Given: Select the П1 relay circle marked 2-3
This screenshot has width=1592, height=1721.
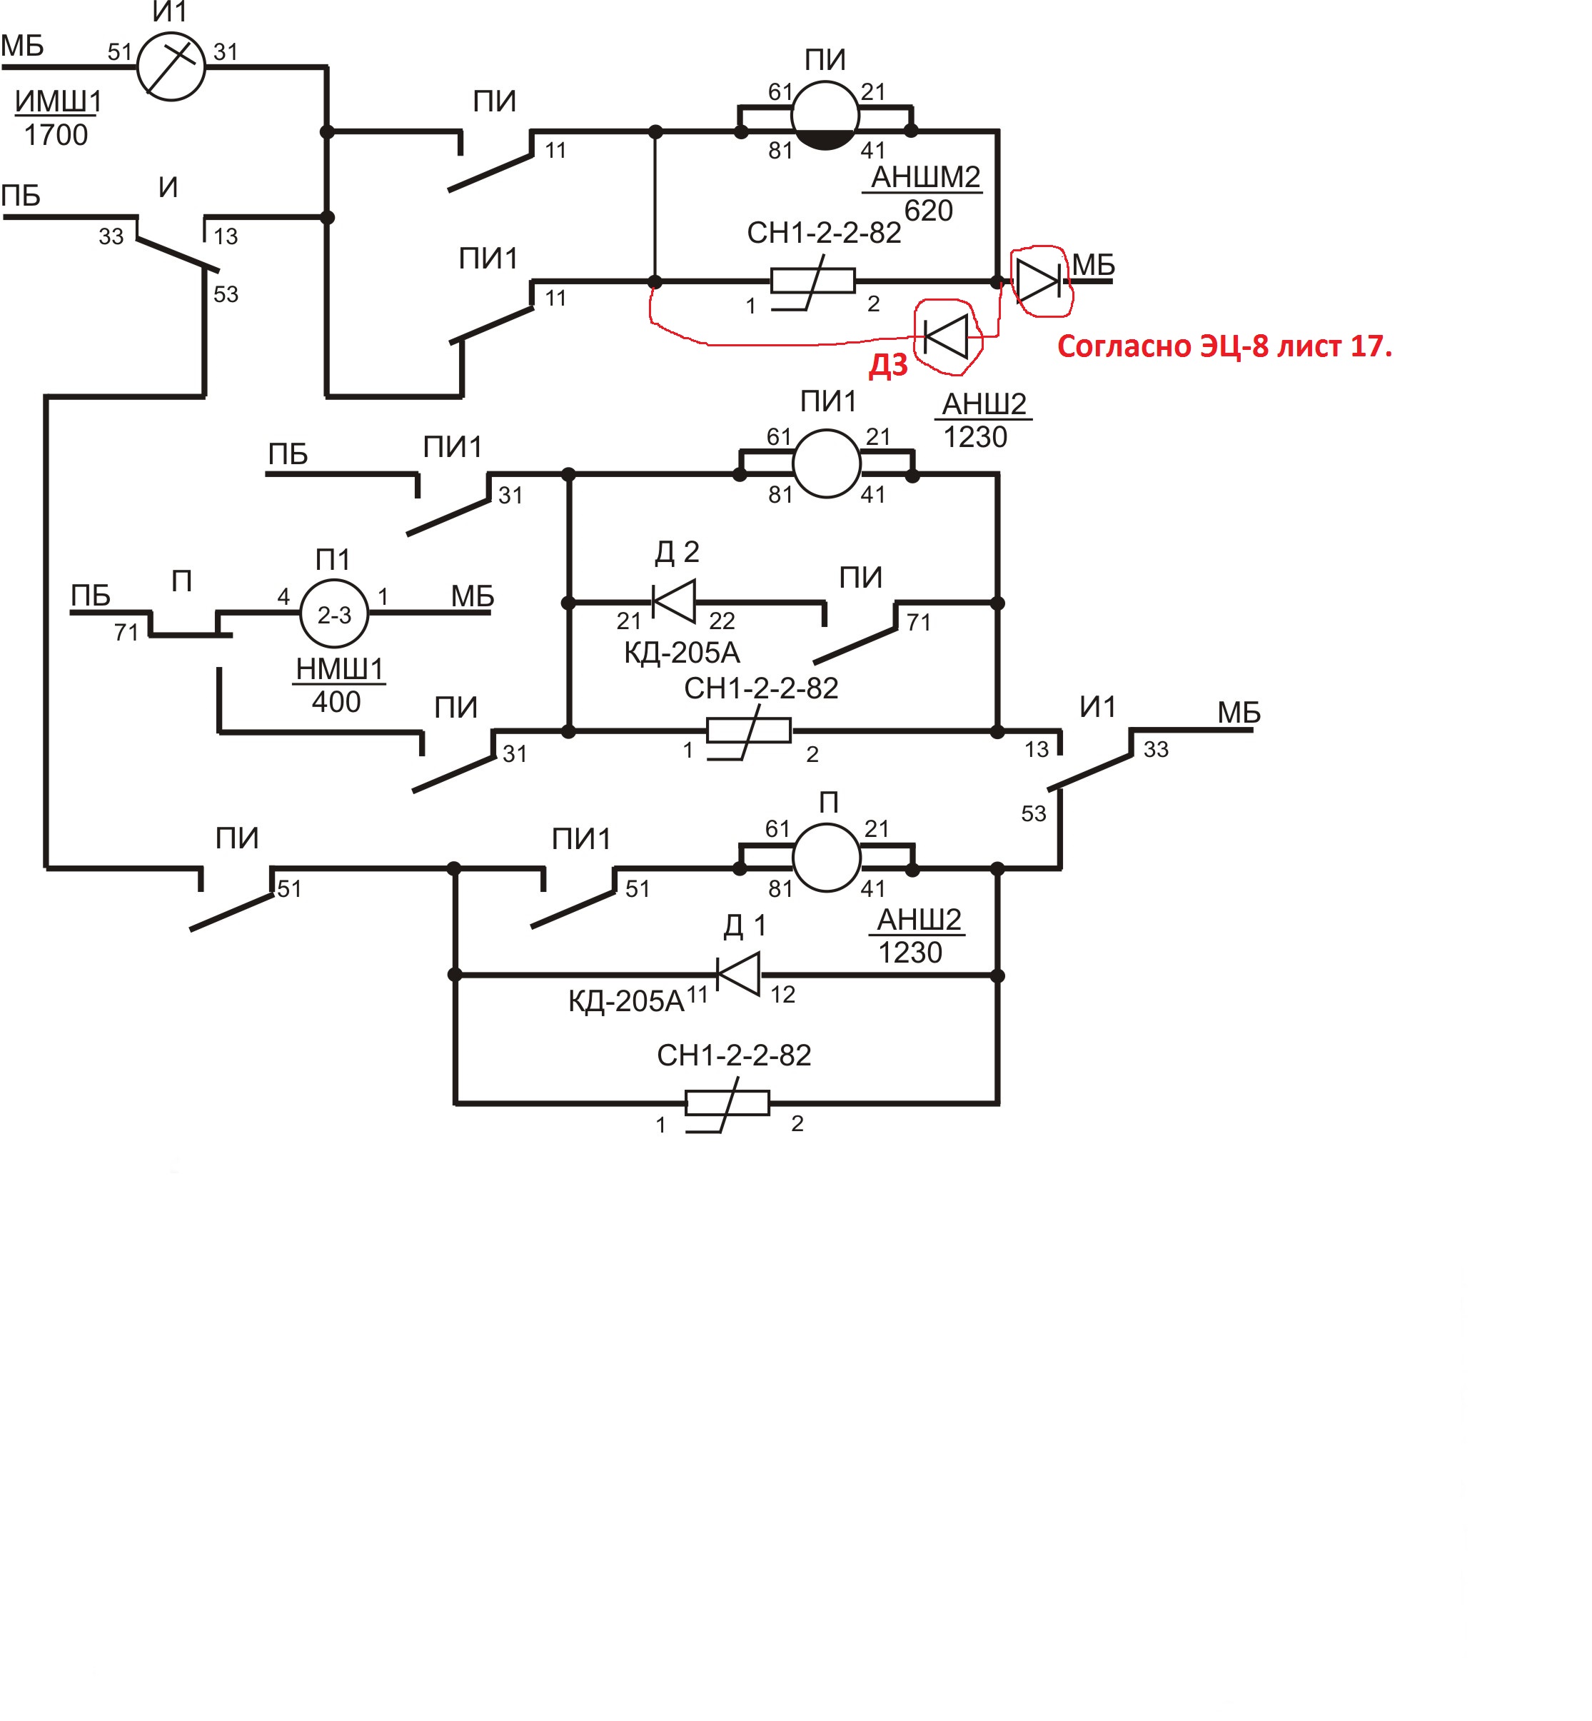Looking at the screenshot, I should pyautogui.click(x=333, y=613).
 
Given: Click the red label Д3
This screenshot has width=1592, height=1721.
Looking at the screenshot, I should pyautogui.click(x=887, y=366).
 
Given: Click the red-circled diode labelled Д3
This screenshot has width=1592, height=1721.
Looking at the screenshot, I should pyautogui.click(x=945, y=337).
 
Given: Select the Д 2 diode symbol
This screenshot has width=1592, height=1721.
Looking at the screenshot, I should pyautogui.click(x=674, y=601).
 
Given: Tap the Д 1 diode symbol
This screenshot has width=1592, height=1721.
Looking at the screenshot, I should pyautogui.click(x=738, y=974).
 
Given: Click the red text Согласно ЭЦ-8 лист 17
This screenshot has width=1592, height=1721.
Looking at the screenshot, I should pyautogui.click(x=1224, y=346).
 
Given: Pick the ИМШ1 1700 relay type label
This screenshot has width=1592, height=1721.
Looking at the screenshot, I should pyautogui.click(x=58, y=118).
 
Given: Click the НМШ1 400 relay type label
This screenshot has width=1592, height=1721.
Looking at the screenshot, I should pyautogui.click(x=338, y=684).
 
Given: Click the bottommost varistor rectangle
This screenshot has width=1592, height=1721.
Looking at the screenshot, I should pyautogui.click(x=727, y=1103).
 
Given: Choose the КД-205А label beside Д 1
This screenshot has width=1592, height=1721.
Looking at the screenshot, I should pyautogui.click(x=625, y=1000).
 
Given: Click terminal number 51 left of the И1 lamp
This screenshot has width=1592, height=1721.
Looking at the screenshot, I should pyautogui.click(x=120, y=53).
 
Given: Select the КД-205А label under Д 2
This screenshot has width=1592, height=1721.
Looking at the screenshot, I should pyautogui.click(x=682, y=653).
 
